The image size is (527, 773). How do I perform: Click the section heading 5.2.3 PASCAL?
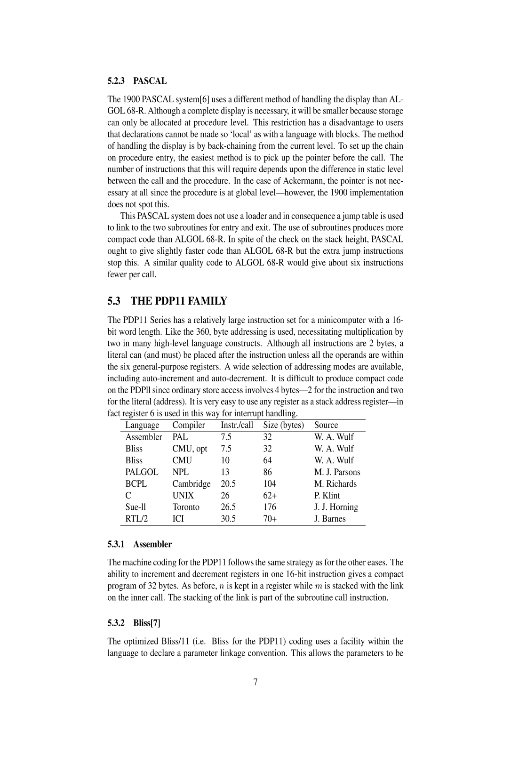click(x=137, y=81)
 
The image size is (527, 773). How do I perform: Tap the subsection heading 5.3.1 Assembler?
click(x=140, y=544)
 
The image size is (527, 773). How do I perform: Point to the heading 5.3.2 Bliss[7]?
click(x=134, y=623)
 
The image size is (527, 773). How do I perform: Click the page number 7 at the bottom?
click(x=256, y=682)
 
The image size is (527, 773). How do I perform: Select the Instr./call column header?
click(x=237, y=425)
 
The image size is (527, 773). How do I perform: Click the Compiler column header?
click(x=189, y=425)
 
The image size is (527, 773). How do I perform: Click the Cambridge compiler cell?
click(x=192, y=484)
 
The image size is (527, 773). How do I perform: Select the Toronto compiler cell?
click(x=186, y=507)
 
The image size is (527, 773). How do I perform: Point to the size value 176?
click(x=270, y=507)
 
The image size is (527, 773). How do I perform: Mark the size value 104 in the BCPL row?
click(x=270, y=484)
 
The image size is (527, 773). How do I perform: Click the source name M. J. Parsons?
click(x=337, y=472)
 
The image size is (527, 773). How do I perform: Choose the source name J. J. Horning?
click(x=336, y=507)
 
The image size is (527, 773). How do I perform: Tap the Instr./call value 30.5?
click(x=228, y=519)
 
